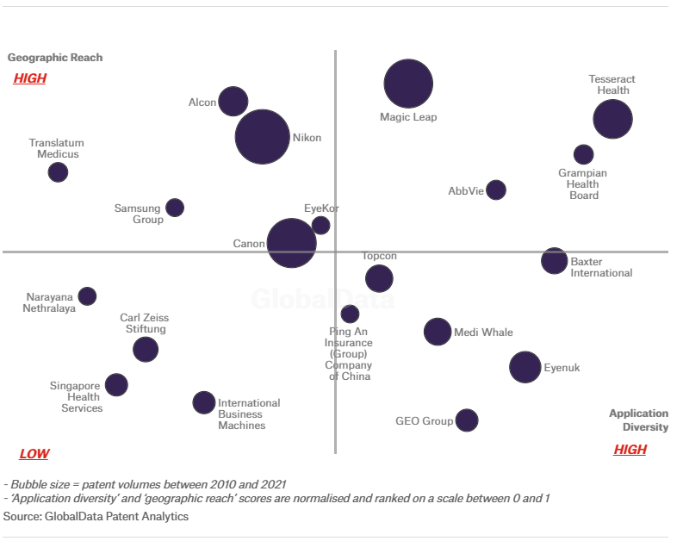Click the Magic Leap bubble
tap(408, 84)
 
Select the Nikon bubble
tap(263, 137)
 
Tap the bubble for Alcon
tap(233, 101)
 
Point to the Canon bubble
tap(291, 243)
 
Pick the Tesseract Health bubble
tap(612, 120)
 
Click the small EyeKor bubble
tap(320, 225)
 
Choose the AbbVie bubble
tap(496, 190)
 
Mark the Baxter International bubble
tap(554, 260)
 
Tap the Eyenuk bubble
tap(525, 367)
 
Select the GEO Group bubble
tap(467, 420)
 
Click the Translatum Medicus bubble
tap(58, 172)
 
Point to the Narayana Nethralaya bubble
tap(87, 296)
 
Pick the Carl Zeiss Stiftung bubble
tap(146, 349)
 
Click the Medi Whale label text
tap(483, 333)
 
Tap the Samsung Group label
tap(139, 214)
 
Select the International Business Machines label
tap(249, 414)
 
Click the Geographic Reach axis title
tap(55, 58)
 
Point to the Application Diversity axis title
tap(638, 420)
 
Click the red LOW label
tap(34, 454)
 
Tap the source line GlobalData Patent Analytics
tap(96, 516)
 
